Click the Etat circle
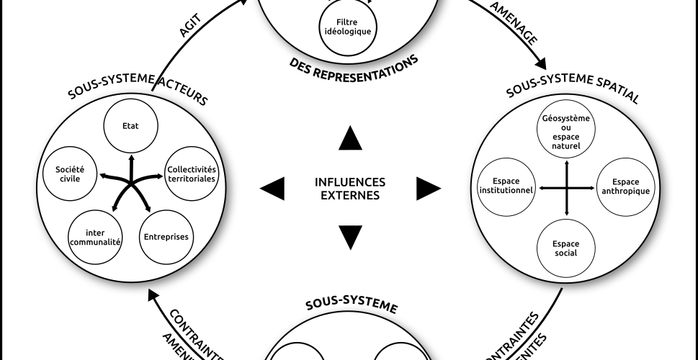pos(130,124)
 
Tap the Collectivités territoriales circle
pos(191,174)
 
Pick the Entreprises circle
pos(166,236)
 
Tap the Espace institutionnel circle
pos(506,186)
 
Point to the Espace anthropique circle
pos(625,186)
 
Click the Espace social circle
pos(566,248)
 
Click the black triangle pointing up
pos(349,138)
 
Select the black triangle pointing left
pos(272,189)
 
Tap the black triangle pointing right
pos(428,189)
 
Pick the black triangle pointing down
pos(349,237)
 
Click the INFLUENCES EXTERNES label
pos(350,188)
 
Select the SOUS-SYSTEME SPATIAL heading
pos(573,94)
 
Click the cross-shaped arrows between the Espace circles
pos(567,188)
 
